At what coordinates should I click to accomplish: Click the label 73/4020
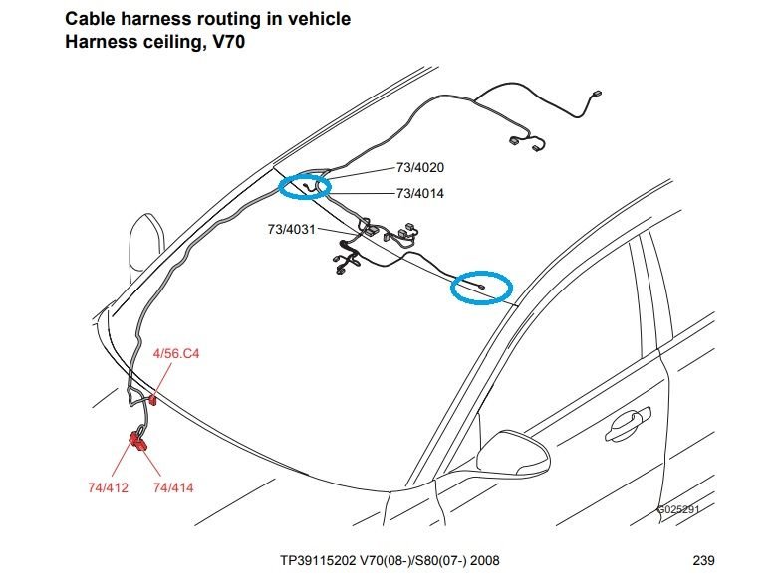click(x=419, y=168)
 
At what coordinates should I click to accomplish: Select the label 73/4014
click(x=419, y=193)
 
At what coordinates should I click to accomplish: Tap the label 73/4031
click(x=292, y=229)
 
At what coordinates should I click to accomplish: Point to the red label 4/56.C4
click(x=176, y=354)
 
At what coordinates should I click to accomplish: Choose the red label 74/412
click(x=108, y=487)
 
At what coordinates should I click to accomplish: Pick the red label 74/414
click(x=173, y=487)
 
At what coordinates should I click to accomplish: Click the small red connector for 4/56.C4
click(x=152, y=399)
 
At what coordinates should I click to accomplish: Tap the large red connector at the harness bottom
click(x=138, y=441)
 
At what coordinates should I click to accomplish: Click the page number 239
click(x=704, y=561)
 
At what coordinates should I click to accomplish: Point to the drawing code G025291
click(x=678, y=509)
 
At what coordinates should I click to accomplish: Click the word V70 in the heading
click(x=229, y=42)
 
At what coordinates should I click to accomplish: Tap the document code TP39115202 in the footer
click(x=318, y=561)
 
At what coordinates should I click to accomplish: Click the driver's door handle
click(x=628, y=423)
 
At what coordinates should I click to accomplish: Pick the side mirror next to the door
click(x=513, y=453)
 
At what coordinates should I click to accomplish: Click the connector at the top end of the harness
click(x=596, y=95)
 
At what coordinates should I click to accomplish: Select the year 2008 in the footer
click(x=484, y=561)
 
